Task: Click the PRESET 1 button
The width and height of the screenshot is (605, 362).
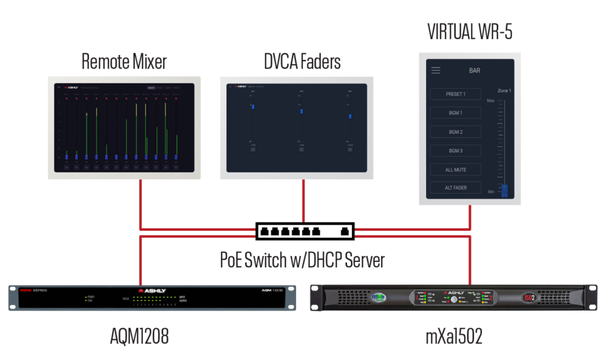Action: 456,94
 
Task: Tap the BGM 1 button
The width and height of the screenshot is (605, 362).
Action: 456,113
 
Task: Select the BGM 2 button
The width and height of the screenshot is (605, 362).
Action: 456,132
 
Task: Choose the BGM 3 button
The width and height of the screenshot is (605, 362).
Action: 456,151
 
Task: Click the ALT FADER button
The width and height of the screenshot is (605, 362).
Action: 456,188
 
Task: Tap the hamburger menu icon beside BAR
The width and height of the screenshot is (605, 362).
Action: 435,70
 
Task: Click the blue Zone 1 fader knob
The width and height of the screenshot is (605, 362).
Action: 505,190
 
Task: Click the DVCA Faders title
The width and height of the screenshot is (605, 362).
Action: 302,61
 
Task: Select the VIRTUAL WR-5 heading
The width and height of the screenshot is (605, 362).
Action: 470,32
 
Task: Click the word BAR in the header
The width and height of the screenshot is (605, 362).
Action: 474,70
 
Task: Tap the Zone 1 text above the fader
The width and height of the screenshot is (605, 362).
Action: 504,90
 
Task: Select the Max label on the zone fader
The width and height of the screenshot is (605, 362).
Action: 490,101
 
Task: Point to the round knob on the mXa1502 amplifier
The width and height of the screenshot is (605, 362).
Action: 454,300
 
